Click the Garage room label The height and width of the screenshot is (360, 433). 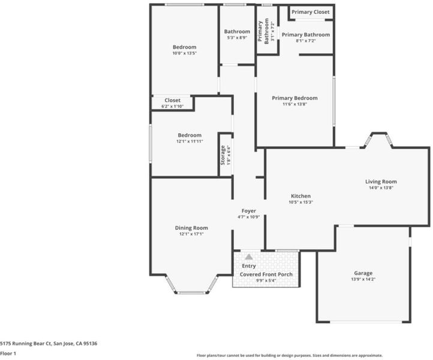pos(363,273)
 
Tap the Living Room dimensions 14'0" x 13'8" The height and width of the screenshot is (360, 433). pos(381,188)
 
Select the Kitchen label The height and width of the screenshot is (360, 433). pos(300,196)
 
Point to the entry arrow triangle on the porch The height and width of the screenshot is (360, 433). pos(249,257)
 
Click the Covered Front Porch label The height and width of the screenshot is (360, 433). pos(266,274)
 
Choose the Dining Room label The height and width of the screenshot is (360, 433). pos(191,228)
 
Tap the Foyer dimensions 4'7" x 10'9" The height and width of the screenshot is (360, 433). pos(248,217)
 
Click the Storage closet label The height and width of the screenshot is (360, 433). pos(223,155)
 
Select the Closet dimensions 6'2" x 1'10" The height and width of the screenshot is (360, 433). pos(173,106)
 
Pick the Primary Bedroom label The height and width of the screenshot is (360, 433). pos(294,98)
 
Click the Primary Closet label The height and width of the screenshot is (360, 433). pos(311,12)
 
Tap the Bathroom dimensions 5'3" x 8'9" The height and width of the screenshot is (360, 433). pos(237,38)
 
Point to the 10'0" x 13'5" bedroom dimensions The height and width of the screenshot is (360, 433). pos(185,53)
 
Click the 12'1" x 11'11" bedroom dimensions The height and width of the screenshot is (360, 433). pos(190,141)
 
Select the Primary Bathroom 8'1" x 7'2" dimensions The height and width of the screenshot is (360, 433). pos(306,41)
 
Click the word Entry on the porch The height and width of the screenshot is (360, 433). pos(249,266)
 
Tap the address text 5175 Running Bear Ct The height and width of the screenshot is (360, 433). pos(26,344)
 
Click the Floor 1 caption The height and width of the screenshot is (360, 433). pos(8,353)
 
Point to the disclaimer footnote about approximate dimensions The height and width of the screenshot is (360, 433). pos(290,356)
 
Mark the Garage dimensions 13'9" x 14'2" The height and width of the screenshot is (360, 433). pos(363,279)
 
